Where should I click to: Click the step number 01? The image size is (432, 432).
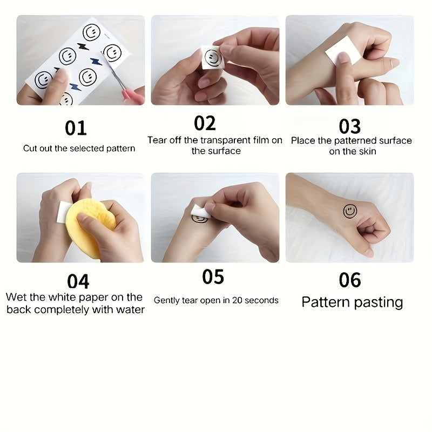[76, 129]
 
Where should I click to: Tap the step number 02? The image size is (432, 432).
[205, 124]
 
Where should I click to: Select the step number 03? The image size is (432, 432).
[349, 126]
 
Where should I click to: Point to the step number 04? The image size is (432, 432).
[78, 281]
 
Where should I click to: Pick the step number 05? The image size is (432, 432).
[213, 276]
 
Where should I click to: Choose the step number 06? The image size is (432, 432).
[349, 280]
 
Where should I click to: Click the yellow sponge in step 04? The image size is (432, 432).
[89, 227]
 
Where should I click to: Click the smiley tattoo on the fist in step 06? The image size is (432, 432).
[350, 211]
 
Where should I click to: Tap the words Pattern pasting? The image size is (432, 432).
[352, 302]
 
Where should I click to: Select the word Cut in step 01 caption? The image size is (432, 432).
[30, 148]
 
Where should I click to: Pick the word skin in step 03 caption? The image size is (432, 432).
[367, 152]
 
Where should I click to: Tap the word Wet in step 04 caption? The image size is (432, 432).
[16, 297]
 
